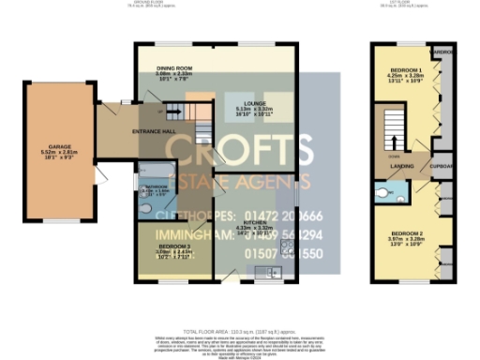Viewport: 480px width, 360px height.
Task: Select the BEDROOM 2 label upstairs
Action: tap(408, 232)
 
